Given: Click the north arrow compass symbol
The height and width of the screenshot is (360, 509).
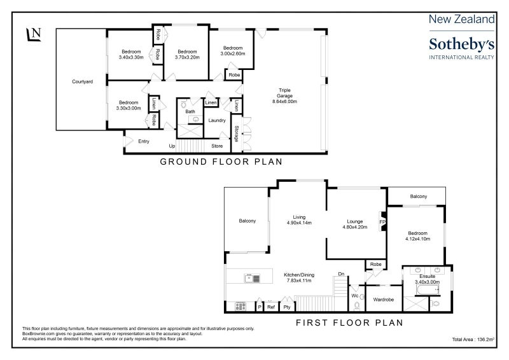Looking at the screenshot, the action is point(34,34).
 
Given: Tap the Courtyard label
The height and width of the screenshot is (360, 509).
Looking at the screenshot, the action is point(83,81).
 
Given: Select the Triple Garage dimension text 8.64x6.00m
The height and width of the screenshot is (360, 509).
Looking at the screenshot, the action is point(284,101).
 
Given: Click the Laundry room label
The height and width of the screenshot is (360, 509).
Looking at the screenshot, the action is point(217,120).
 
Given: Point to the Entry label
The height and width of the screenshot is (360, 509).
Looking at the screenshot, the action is point(144,141).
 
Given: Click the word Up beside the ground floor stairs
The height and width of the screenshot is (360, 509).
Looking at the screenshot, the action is point(172,146).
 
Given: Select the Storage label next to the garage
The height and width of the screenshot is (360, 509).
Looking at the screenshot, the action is point(237,134).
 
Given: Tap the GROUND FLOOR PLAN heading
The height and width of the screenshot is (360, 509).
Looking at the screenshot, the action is point(221,162).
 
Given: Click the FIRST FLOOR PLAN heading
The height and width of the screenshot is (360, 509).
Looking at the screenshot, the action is point(349,322).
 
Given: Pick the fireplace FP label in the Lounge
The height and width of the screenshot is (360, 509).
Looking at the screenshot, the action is point(382,222).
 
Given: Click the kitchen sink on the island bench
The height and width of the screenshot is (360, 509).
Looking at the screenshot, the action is point(252,279).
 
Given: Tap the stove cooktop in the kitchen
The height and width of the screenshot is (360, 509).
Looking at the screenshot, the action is point(241,306).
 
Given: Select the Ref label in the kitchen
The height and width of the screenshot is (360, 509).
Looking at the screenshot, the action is point(271,307).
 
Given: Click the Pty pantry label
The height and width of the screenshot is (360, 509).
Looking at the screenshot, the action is point(287,307).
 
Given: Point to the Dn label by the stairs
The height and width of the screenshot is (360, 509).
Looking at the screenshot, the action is point(341,274).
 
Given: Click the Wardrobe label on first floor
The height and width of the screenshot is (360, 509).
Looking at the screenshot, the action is point(384,300).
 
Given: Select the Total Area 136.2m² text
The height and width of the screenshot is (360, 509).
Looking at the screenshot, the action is point(473,339).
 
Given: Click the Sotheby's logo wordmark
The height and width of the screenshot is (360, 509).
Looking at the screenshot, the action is point(462,45).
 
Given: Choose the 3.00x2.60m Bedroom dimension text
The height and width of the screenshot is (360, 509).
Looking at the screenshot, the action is point(233,53).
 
